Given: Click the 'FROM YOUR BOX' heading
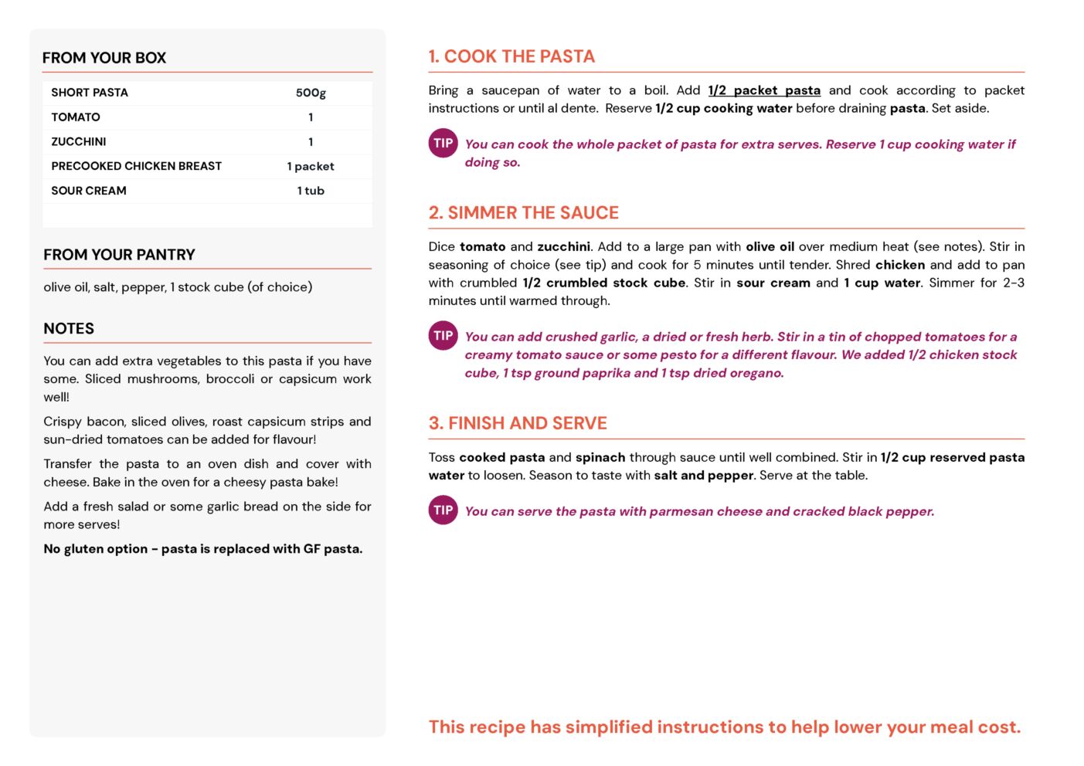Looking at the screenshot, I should coord(104,58).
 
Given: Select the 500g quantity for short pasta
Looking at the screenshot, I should coord(311,93).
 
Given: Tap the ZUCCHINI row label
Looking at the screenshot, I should coord(79,141).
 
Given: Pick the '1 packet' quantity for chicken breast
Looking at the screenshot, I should coord(311,166).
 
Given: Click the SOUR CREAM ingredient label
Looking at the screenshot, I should coord(89,191).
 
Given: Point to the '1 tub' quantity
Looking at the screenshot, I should coord(311,191).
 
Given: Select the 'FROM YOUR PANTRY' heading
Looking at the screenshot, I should coord(119,255).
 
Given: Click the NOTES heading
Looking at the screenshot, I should coord(69,328).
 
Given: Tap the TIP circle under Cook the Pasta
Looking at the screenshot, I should coord(443,143).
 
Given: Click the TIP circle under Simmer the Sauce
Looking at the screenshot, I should coord(443,335).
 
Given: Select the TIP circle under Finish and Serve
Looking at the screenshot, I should coord(443,510).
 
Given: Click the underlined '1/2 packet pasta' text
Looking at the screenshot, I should coord(764,90).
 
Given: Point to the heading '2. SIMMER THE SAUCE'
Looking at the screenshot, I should coord(524,213).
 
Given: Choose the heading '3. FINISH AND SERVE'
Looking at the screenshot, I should coord(518,423).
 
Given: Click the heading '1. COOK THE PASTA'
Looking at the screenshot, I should coord(511,56).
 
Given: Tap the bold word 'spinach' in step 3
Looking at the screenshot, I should coord(600,457).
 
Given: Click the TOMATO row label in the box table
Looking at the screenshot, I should coord(76,117).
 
